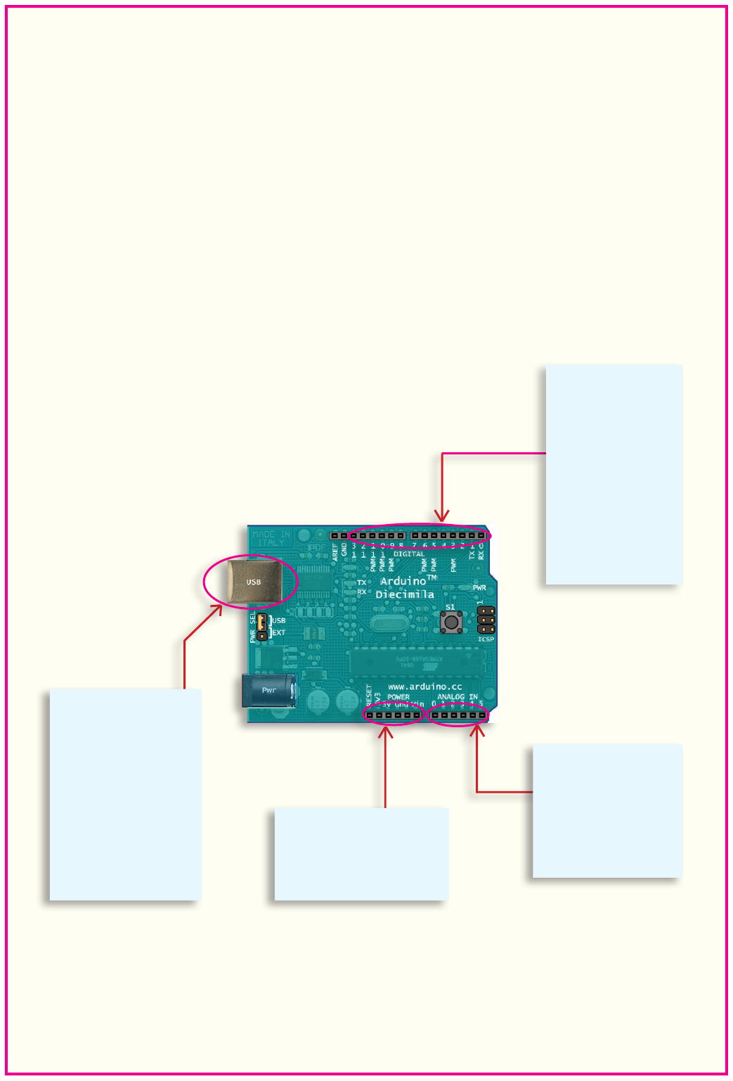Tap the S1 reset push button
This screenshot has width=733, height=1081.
pos(450,622)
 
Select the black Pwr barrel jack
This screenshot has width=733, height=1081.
pos(268,690)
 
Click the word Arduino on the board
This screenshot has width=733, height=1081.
pos(403,581)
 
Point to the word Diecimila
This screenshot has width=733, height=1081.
pos(405,595)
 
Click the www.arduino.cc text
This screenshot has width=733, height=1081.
pos(425,686)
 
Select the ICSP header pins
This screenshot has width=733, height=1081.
pos(486,620)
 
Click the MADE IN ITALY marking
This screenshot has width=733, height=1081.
pos(271,539)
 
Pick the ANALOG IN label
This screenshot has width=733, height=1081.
pos(458,697)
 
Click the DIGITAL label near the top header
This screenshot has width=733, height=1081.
pos(408,554)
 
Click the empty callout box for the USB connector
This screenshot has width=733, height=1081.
pos(125,794)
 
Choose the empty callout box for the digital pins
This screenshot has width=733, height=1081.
pos(614,474)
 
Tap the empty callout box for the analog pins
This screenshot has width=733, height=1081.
pos(607,810)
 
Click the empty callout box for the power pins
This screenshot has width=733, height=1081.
pos(361,854)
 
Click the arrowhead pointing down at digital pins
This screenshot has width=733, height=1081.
pos(442,517)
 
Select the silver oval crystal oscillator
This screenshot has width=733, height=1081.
pos(385,624)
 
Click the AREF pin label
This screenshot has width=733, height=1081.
pos(335,552)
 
